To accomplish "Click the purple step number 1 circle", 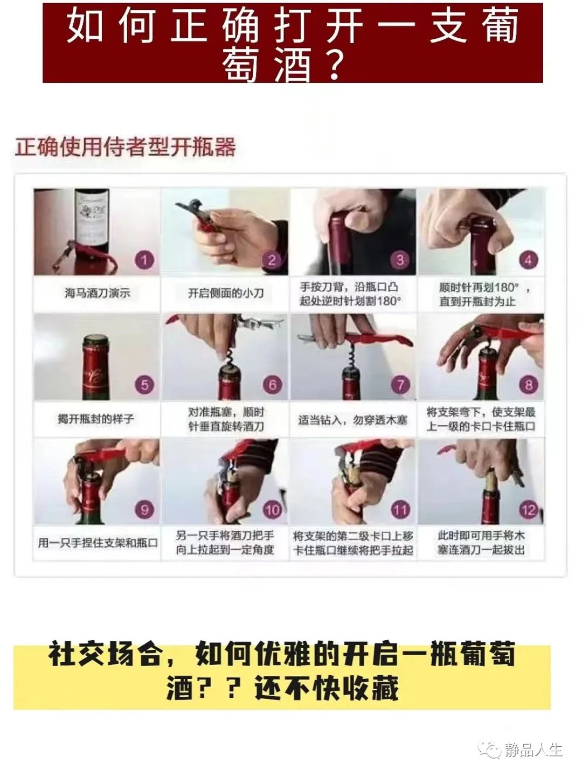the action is (144, 260).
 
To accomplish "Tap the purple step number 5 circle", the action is (144, 385).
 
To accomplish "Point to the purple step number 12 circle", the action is (529, 510).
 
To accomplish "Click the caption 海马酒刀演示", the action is (98, 293).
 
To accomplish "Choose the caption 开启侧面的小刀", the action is (226, 293).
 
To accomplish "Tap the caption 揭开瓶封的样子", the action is (96, 419).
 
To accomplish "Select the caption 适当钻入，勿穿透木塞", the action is (352, 420).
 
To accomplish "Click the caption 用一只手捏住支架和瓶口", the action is (98, 543).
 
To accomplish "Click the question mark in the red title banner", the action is (334, 64).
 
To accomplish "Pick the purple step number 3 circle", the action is (400, 260).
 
